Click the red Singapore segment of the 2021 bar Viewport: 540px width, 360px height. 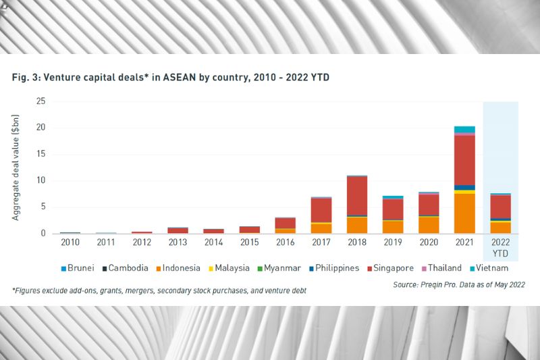464,160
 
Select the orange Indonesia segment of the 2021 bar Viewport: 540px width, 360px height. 464,213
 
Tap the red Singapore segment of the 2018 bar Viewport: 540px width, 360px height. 356,196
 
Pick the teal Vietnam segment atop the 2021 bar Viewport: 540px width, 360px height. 464,129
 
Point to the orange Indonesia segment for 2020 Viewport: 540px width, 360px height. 428,225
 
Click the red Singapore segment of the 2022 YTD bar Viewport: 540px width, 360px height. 500,207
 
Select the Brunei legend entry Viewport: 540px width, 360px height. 78,267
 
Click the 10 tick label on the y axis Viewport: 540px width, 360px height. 41,180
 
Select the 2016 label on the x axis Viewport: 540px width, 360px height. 285,241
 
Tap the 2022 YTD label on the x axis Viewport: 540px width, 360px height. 500,247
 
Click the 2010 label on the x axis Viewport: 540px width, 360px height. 70,241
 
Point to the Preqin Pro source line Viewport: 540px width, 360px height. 458,285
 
